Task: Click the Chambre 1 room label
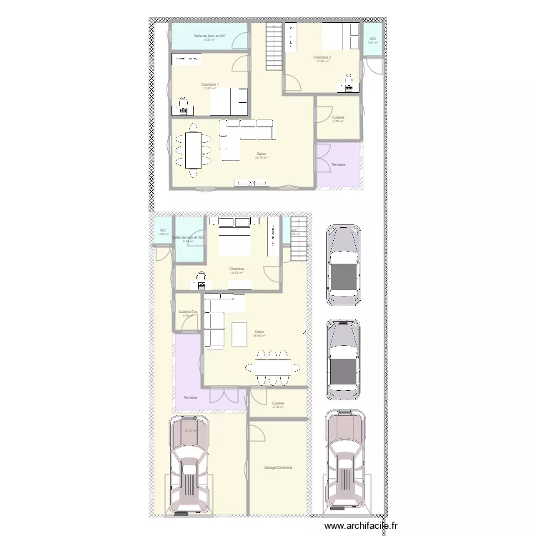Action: point(209,84)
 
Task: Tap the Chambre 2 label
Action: point(322,57)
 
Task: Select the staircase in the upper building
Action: point(275,46)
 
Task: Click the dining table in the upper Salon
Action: point(193,149)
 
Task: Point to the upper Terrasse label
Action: point(338,165)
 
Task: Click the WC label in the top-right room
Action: point(372,39)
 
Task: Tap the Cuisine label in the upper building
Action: point(338,117)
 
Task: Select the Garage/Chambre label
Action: point(278,468)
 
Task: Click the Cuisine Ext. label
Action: point(187,312)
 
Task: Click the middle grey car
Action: point(343,359)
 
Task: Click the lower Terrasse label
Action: point(189,397)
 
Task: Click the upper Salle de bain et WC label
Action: point(209,36)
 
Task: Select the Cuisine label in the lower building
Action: point(278,404)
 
